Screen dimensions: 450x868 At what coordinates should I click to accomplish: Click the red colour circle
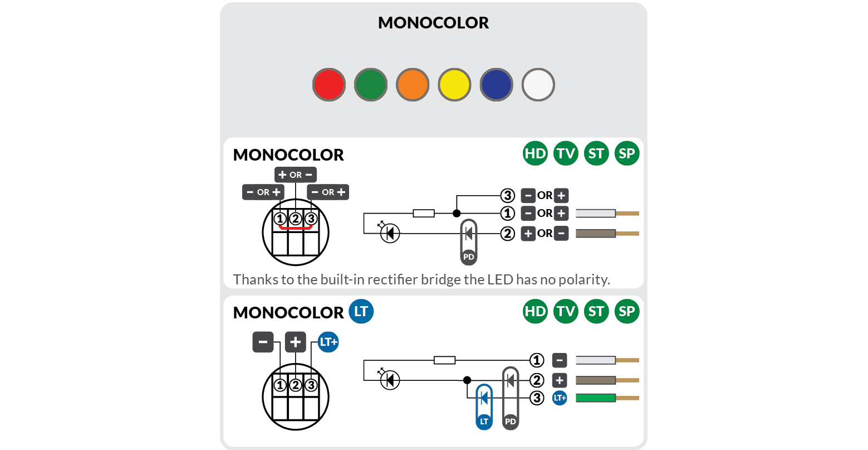click(x=329, y=85)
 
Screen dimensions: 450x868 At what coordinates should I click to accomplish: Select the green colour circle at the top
click(x=371, y=85)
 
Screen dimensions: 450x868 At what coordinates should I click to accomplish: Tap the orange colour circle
click(x=413, y=85)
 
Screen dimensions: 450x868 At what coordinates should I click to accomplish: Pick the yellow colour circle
click(x=454, y=85)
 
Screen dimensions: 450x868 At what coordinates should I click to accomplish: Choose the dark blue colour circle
click(x=496, y=85)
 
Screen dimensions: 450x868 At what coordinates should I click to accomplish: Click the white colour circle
click(x=538, y=85)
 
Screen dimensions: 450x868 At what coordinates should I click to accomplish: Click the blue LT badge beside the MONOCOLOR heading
click(x=361, y=311)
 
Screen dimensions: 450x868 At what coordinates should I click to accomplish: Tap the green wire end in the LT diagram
click(x=595, y=398)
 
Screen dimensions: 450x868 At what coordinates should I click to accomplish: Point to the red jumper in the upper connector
click(x=296, y=228)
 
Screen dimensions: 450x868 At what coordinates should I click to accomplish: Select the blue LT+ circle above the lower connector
click(x=328, y=342)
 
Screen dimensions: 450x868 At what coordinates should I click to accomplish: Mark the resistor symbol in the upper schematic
click(x=424, y=213)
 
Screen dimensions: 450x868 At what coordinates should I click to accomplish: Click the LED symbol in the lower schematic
click(x=390, y=380)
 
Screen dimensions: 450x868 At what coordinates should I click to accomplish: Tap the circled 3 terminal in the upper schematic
click(x=507, y=196)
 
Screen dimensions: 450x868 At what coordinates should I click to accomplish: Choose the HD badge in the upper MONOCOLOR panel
click(x=535, y=153)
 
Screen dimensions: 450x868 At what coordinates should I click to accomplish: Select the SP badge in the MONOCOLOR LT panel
click(x=627, y=311)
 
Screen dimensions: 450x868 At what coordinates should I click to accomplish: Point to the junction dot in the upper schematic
click(x=457, y=213)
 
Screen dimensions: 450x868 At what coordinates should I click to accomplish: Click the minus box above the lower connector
click(x=263, y=342)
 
